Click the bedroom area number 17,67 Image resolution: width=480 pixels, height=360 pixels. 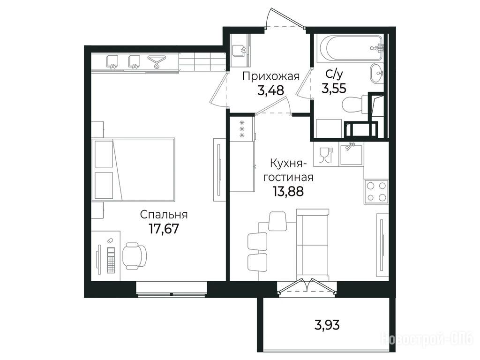pyautogui.click(x=164, y=228)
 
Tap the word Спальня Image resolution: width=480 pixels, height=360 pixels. pyautogui.click(x=164, y=215)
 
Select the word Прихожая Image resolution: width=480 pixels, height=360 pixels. pyautogui.click(x=270, y=76)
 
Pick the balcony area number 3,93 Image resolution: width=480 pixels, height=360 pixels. pyautogui.click(x=327, y=324)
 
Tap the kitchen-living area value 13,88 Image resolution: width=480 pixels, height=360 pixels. pyautogui.click(x=288, y=191)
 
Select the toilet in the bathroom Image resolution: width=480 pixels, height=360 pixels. pyautogui.click(x=355, y=104)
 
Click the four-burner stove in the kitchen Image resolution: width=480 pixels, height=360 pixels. pyautogui.click(x=376, y=192)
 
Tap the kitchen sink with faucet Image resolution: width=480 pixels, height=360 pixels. pyautogui.click(x=351, y=154)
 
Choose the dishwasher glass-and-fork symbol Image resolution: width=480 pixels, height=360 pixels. pyautogui.click(x=325, y=155)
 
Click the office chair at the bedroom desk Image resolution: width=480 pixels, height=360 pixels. pyautogui.click(x=135, y=255)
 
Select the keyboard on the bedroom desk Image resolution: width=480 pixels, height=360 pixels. pyautogui.click(x=111, y=260)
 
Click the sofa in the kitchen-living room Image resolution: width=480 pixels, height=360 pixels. pyautogui.click(x=313, y=245)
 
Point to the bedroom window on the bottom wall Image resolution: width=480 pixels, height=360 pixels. pyautogui.click(x=172, y=290)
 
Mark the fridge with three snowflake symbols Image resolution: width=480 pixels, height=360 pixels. pyautogui.click(x=242, y=128)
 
